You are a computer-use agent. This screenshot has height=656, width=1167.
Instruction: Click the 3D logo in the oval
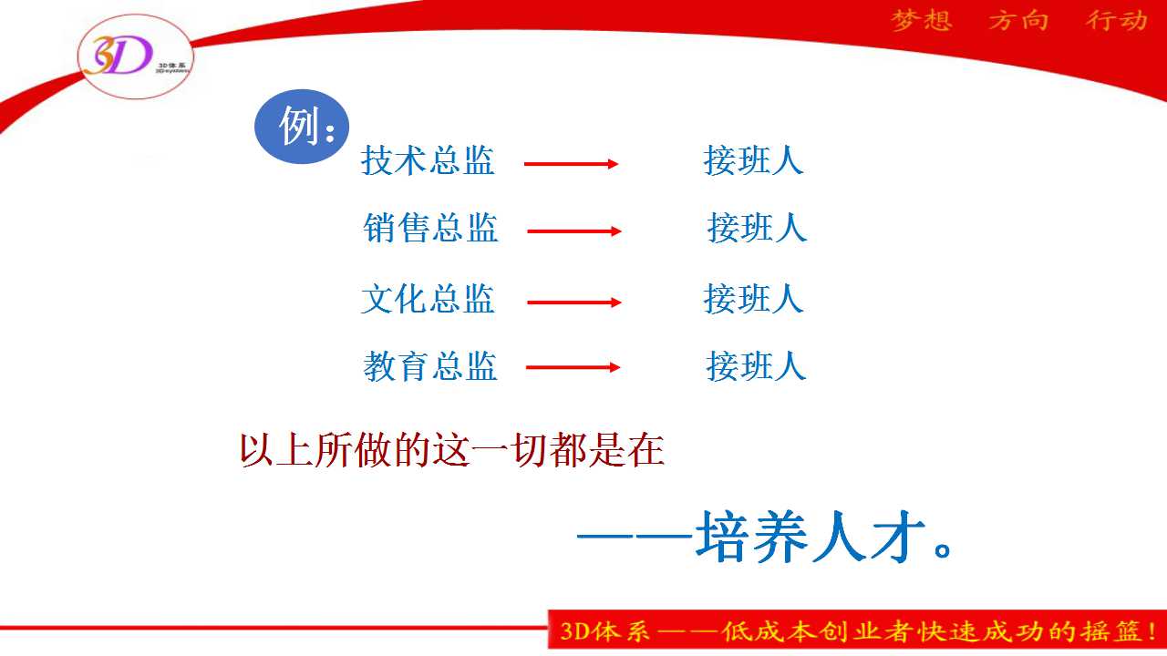pos(136,56)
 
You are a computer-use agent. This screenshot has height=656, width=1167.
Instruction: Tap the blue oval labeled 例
pos(302,127)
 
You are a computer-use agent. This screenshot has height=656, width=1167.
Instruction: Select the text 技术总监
pos(428,159)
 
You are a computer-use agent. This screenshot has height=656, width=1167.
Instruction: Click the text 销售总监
pos(430,228)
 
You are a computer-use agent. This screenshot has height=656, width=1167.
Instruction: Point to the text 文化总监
pos(428,299)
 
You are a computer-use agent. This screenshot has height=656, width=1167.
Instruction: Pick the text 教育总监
pos(429,366)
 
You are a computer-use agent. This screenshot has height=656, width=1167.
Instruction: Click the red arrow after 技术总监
pos(571,164)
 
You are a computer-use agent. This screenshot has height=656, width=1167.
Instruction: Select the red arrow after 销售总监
pos(574,231)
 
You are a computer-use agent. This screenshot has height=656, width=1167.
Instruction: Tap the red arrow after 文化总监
pos(574,302)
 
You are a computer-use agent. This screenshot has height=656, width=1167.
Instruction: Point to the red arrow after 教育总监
pos(573,367)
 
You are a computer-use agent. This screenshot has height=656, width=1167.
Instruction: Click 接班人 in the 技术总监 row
pos(753,159)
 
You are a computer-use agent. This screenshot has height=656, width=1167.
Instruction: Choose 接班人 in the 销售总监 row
pos(757,228)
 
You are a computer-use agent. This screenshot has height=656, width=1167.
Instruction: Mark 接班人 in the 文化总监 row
pos(753,299)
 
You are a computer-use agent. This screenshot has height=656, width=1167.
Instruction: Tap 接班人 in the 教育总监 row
pos(756,366)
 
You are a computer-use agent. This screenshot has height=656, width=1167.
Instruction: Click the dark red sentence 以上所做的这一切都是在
pos(451,450)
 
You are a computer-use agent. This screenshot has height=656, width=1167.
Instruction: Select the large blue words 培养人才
pos(811,537)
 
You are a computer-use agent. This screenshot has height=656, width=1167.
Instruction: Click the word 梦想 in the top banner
pos(922,21)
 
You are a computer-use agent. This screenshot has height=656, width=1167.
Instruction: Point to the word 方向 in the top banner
pos(1018,21)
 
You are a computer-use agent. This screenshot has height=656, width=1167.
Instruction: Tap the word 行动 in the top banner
pos(1117,21)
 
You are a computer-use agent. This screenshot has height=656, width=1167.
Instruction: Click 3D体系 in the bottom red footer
pos(604,631)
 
